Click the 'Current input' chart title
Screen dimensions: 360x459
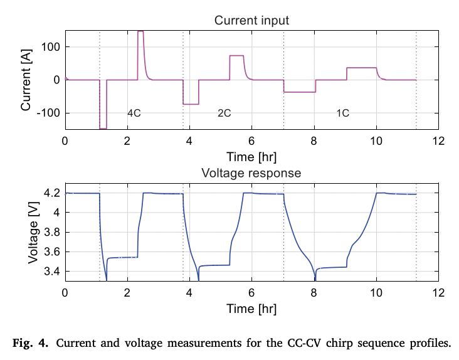pyautogui.click(x=251, y=20)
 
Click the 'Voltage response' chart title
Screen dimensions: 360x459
pyautogui.click(x=251, y=172)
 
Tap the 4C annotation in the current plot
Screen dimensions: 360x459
pyautogui.click(x=134, y=113)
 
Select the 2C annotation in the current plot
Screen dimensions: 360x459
pyautogui.click(x=224, y=113)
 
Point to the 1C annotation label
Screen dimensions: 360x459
pyautogui.click(x=342, y=113)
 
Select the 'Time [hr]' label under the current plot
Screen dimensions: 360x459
pyautogui.click(x=251, y=155)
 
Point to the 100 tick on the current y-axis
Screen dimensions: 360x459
pyautogui.click(x=51, y=47)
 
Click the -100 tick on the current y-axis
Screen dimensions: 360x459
pyautogui.click(x=50, y=113)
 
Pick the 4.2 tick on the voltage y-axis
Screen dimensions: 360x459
pyautogui.click(x=53, y=193)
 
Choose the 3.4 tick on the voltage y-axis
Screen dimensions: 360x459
pyautogui.click(x=53, y=272)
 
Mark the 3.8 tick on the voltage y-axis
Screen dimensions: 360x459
pyautogui.click(x=53, y=232)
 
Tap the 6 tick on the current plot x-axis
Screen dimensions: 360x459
pyautogui.click(x=251, y=140)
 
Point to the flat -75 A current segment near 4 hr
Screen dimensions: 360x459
pyautogui.click(x=191, y=104)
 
